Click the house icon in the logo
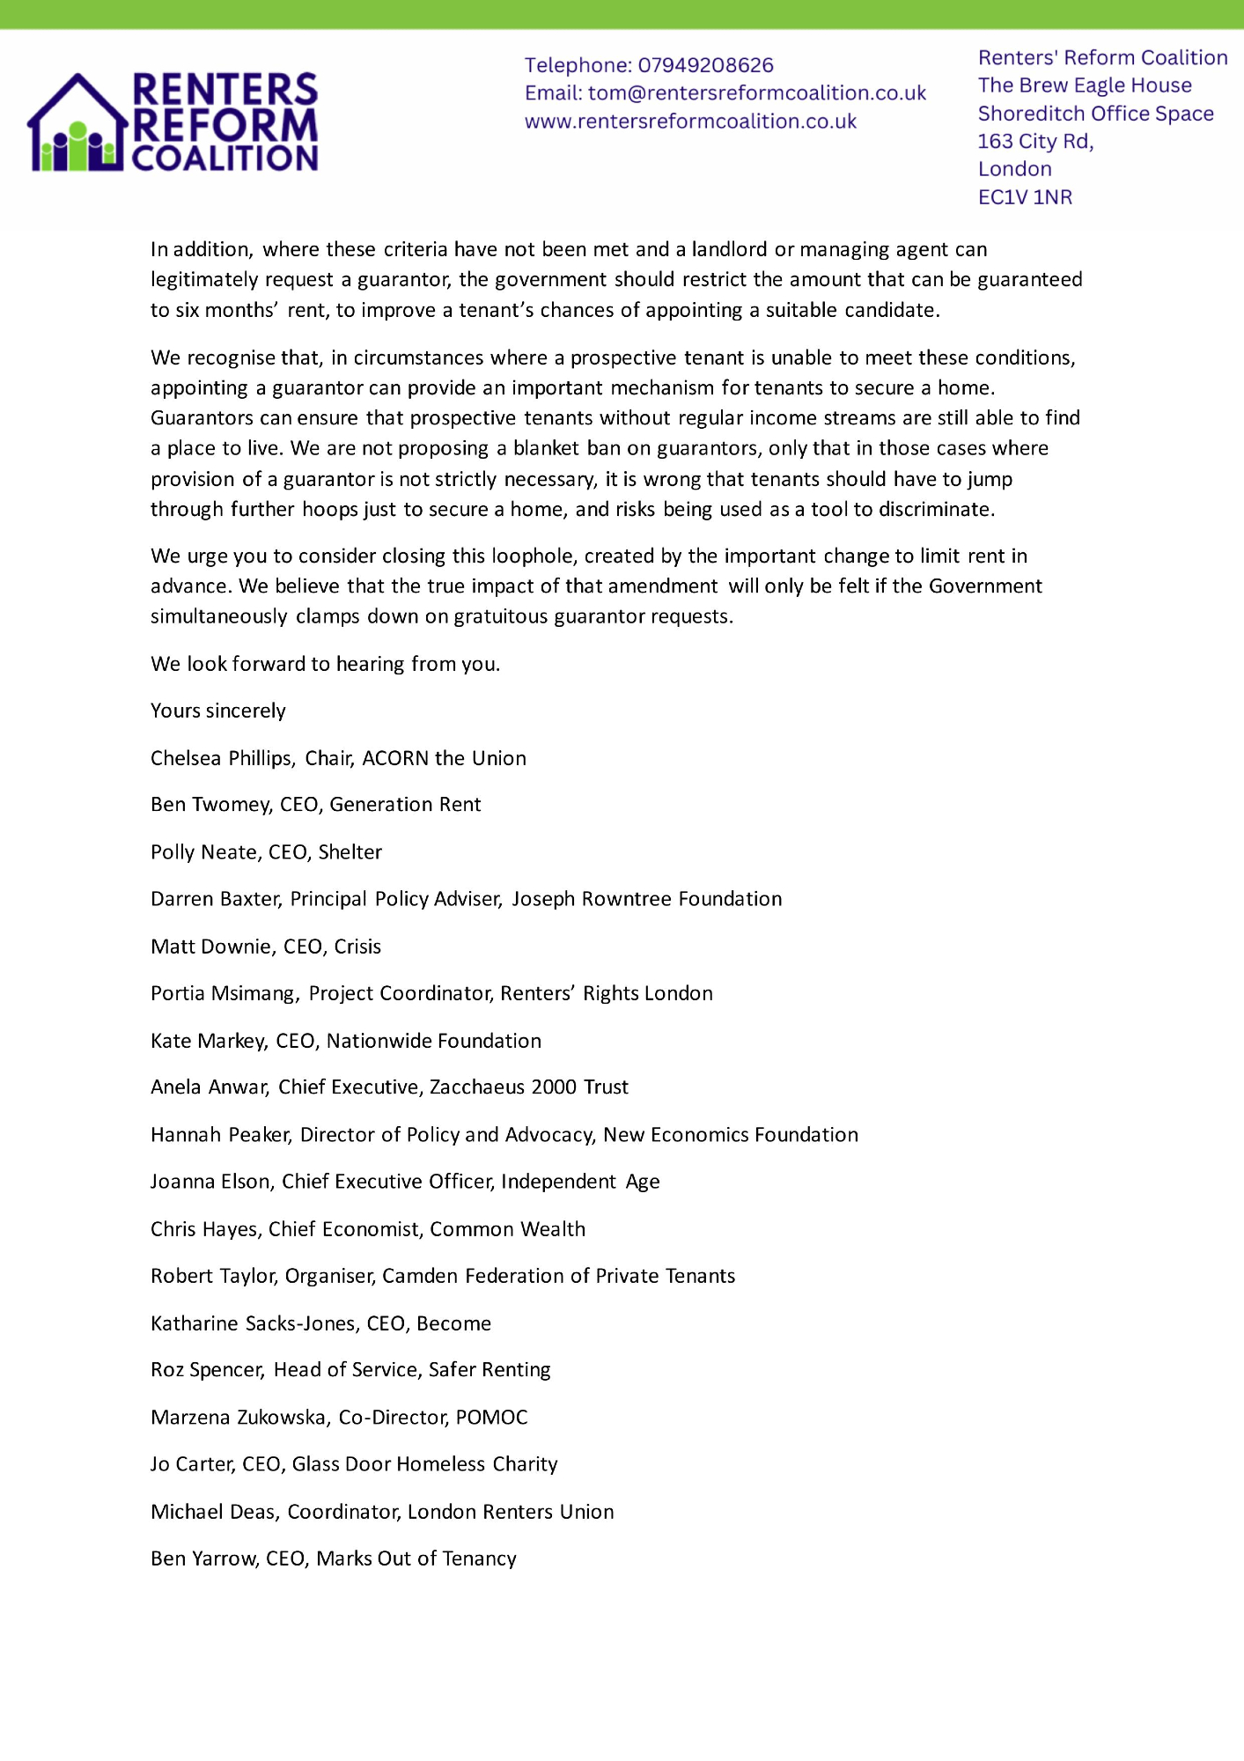[77, 123]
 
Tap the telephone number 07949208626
[705, 65]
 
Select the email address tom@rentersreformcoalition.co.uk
[757, 93]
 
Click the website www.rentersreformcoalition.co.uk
[690, 122]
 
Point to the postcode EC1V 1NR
[1025, 197]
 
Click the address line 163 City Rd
[1035, 141]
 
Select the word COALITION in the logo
[225, 158]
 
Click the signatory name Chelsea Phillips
[221, 758]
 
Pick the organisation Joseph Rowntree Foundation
[647, 899]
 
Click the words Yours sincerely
[218, 711]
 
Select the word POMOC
[491, 1418]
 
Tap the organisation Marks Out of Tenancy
[416, 1558]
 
